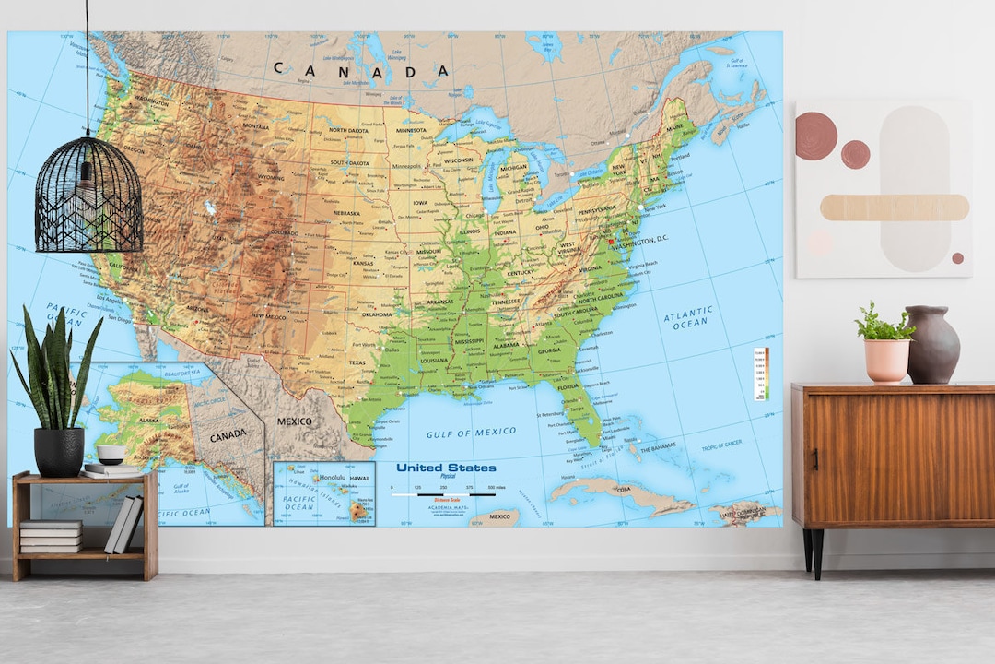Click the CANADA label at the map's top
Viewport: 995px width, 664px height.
point(361,70)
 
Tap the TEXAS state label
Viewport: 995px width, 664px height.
point(357,362)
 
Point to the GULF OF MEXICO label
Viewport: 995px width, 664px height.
point(471,433)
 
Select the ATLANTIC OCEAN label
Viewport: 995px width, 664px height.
point(688,317)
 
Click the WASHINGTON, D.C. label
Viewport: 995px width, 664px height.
point(646,240)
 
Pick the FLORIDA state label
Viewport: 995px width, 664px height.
point(568,386)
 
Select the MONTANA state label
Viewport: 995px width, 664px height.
point(255,126)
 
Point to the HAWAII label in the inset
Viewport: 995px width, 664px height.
point(359,478)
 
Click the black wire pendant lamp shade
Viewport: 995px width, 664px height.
point(88,196)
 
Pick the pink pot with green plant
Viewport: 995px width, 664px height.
point(887,360)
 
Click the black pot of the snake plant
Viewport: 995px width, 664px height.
point(59,452)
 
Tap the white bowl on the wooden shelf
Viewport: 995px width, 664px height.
point(111,454)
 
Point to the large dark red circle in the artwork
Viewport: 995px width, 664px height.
point(816,136)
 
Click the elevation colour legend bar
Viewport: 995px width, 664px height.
point(760,374)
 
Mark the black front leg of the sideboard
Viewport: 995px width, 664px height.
point(816,553)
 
